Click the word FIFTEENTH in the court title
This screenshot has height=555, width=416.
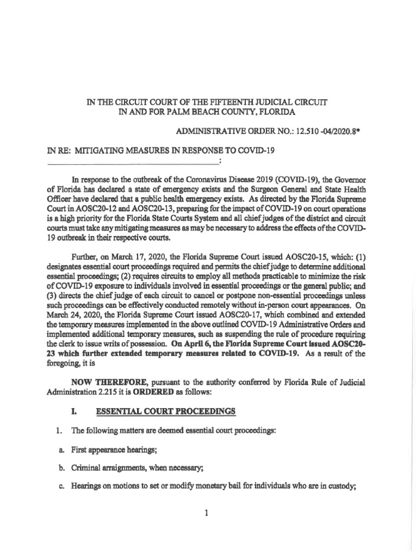tap(230, 102)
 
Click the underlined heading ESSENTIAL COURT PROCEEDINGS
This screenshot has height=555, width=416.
tap(166, 411)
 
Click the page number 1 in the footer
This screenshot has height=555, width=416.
tap(206, 514)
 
